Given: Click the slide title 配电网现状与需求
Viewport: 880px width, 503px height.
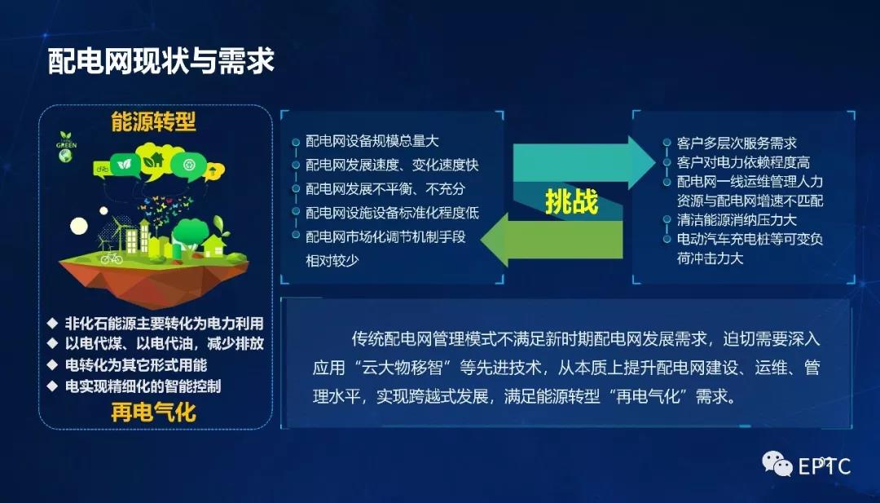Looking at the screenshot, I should pyautogui.click(x=161, y=61).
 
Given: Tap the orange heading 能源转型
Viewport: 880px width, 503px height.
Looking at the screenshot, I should pyautogui.click(x=154, y=122).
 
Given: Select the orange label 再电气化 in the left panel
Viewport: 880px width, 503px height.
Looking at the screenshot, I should pyautogui.click(x=154, y=412).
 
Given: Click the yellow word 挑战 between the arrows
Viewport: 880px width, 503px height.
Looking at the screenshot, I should pyautogui.click(x=571, y=201).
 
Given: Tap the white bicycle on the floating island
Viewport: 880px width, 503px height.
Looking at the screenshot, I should pyautogui.click(x=112, y=258).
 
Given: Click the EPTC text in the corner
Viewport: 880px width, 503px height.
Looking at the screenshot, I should pyautogui.click(x=825, y=466).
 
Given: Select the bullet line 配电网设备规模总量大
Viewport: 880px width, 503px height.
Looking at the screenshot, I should pyautogui.click(x=372, y=142).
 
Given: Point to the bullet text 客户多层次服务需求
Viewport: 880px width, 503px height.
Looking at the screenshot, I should pyautogui.click(x=737, y=143).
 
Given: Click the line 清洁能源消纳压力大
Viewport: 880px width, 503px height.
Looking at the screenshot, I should pyautogui.click(x=737, y=220).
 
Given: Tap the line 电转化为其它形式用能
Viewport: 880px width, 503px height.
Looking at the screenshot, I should pyautogui.click(x=136, y=364).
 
